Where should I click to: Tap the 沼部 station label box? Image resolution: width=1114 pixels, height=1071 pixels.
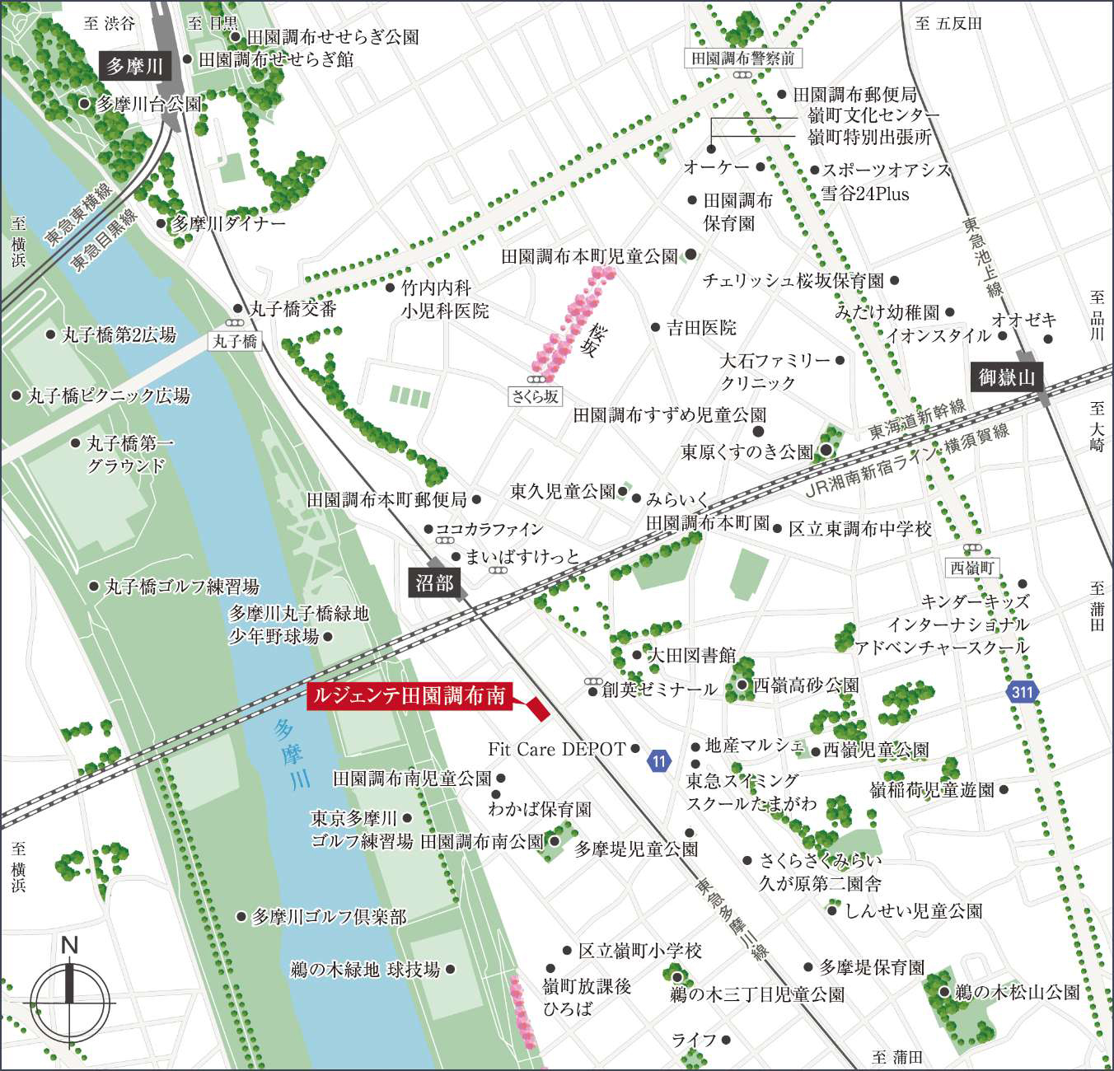click(434, 583)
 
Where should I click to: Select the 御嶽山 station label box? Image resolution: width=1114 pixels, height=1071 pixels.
click(1005, 377)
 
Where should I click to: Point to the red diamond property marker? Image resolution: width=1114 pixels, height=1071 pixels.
click(537, 709)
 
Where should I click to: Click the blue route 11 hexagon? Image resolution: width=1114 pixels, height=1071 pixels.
click(658, 760)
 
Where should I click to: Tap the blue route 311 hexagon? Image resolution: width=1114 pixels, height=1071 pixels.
click(1023, 691)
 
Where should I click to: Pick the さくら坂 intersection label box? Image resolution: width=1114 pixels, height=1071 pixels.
click(536, 396)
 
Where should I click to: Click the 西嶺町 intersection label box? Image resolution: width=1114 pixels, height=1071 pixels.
click(972, 568)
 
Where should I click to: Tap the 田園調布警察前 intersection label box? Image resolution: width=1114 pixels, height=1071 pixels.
click(743, 58)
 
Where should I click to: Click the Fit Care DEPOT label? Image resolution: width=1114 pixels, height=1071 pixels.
click(557, 749)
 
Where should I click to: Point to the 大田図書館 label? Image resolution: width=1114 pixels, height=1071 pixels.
click(692, 655)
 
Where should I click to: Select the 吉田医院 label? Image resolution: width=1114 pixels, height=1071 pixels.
click(701, 327)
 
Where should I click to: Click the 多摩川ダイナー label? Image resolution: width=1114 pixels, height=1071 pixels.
click(228, 223)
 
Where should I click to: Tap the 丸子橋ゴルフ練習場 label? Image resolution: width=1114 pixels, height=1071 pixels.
click(182, 587)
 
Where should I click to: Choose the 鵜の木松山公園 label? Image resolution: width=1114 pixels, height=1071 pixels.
click(1017, 992)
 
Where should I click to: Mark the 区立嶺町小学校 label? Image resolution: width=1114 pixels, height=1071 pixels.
click(639, 951)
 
